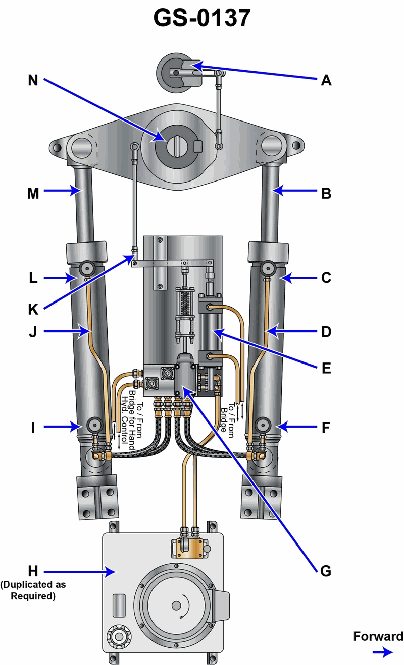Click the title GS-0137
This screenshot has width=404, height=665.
point(202,18)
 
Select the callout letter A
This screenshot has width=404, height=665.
point(326,81)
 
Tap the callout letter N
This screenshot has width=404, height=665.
point(33,80)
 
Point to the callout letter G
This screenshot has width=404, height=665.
point(326,571)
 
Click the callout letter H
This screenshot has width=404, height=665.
point(33,571)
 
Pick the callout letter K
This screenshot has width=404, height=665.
point(33,310)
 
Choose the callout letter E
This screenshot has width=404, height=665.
point(326,368)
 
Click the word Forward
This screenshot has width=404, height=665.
point(378,636)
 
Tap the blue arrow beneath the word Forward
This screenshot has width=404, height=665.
point(383,652)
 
